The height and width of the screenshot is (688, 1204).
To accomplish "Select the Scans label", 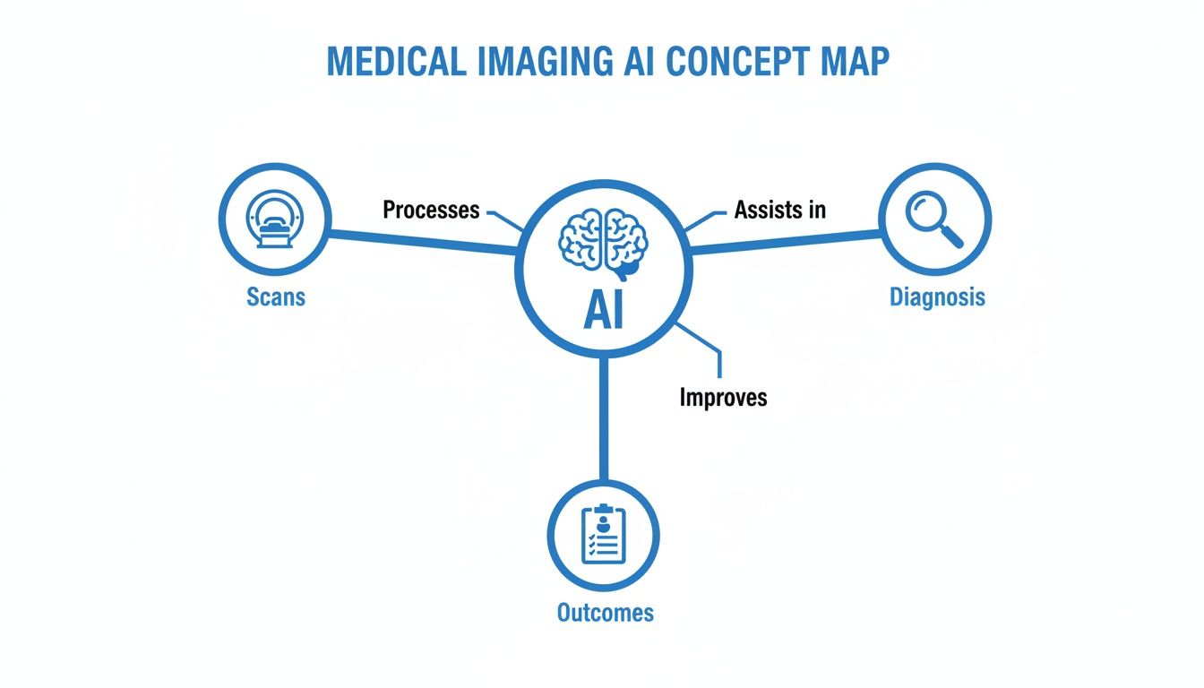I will pyautogui.click(x=276, y=296).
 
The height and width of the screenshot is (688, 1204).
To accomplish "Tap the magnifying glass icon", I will pyautogui.click(x=934, y=219).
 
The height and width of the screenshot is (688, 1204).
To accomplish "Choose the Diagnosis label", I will pyautogui.click(x=937, y=297).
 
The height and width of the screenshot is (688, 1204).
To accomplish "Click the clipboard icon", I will pyautogui.click(x=603, y=535).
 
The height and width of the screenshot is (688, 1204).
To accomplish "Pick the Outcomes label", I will pyautogui.click(x=606, y=613).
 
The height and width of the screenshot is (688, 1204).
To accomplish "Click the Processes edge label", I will pyautogui.click(x=431, y=211).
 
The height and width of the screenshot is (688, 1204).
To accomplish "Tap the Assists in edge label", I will pyautogui.click(x=779, y=211).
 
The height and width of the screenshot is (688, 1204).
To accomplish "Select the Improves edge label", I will pyautogui.click(x=723, y=397).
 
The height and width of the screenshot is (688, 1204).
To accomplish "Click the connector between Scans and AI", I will pyautogui.click(x=421, y=242).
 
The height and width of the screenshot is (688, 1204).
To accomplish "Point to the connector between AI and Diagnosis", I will pyautogui.click(x=784, y=242).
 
